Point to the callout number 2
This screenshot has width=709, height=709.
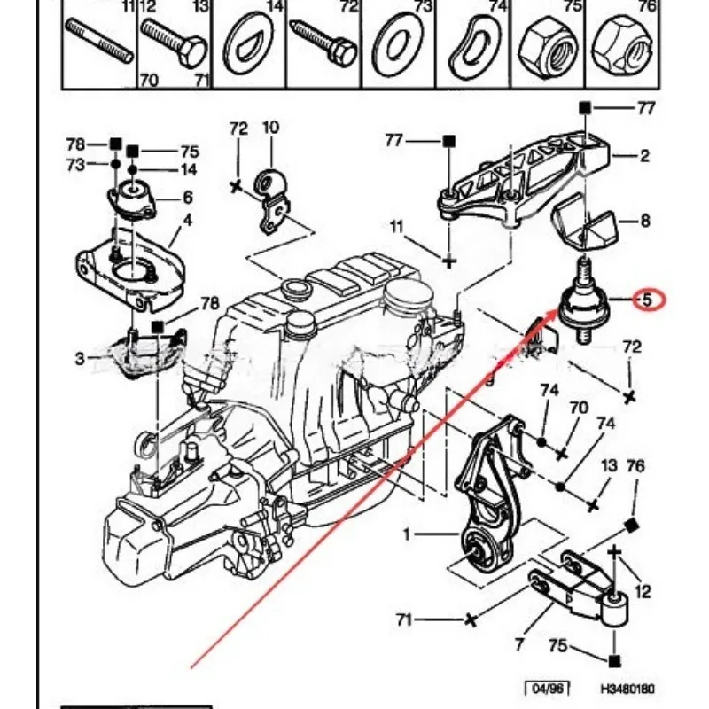click(x=644, y=156)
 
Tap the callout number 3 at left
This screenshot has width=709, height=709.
click(x=80, y=358)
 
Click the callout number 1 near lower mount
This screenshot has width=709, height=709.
click(x=407, y=534)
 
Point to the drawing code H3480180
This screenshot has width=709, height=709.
click(x=627, y=688)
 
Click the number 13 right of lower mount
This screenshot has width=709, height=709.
click(x=611, y=466)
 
